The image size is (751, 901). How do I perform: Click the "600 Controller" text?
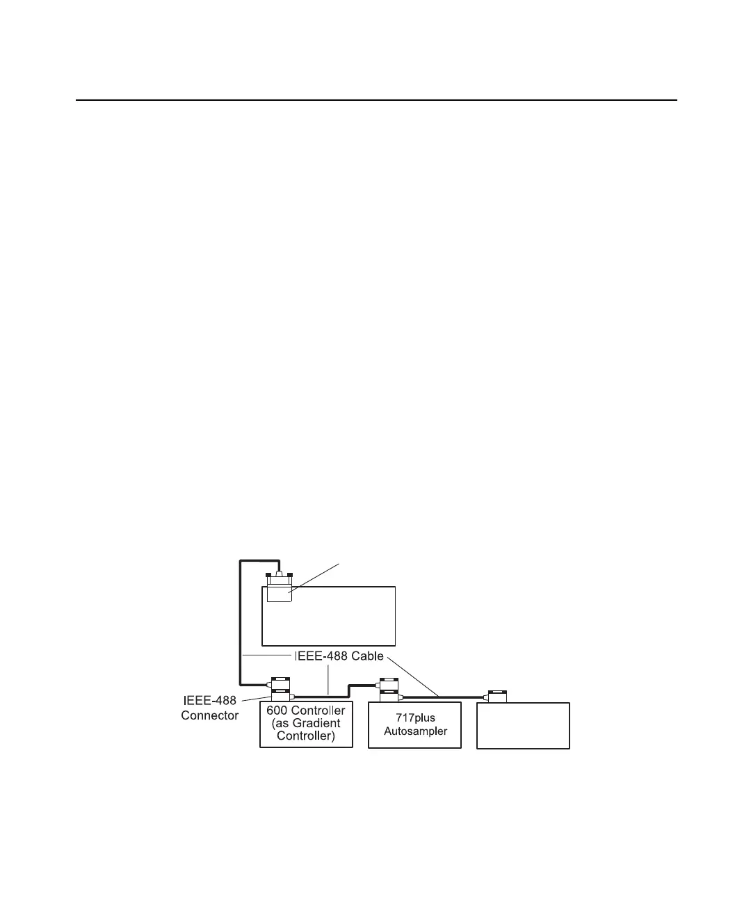[x=306, y=711]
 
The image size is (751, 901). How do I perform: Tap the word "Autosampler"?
[x=415, y=731]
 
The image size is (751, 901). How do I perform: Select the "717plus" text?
[x=415, y=717]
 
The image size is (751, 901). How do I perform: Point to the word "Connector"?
[x=210, y=715]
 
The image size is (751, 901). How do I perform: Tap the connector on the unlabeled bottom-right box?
[x=498, y=696]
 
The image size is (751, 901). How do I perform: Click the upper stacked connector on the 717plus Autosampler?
[x=388, y=683]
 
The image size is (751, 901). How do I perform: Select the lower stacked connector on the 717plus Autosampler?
[x=388, y=696]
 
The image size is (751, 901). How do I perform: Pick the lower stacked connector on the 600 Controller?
[x=280, y=695]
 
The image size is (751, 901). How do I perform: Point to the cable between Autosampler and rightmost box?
[x=445, y=697]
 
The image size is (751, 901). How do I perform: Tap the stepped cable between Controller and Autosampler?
[x=348, y=690]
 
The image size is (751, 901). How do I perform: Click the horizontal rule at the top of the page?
[x=375, y=100]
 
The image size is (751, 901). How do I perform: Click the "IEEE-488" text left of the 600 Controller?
[x=209, y=702]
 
